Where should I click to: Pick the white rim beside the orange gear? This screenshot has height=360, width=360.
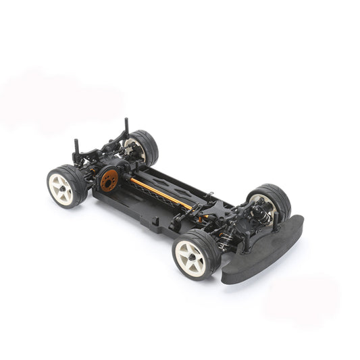(59, 187)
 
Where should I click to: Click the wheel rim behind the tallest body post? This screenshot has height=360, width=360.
(136, 150)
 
